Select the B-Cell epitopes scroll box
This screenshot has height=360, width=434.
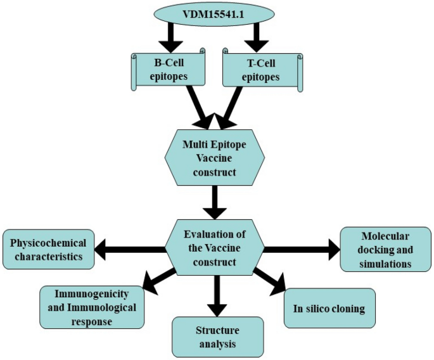click(x=167, y=69)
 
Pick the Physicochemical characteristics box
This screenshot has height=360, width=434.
click(x=48, y=250)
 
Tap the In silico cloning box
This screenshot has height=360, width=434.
click(x=329, y=309)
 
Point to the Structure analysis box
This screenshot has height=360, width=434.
click(x=217, y=336)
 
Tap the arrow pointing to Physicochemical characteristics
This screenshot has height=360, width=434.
click(x=130, y=250)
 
